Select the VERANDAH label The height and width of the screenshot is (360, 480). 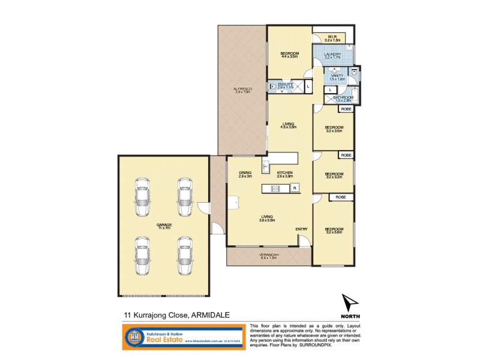click(268, 256)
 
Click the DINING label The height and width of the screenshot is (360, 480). click(245, 174)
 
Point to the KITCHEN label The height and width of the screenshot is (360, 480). click(284, 174)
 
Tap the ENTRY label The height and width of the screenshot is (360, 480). click(301, 229)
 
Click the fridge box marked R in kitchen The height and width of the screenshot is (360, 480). click(294, 188)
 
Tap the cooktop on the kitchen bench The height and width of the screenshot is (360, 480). click(277, 188)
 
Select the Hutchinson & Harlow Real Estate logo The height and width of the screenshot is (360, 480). click(184, 337)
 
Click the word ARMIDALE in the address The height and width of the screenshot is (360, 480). click(212, 314)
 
